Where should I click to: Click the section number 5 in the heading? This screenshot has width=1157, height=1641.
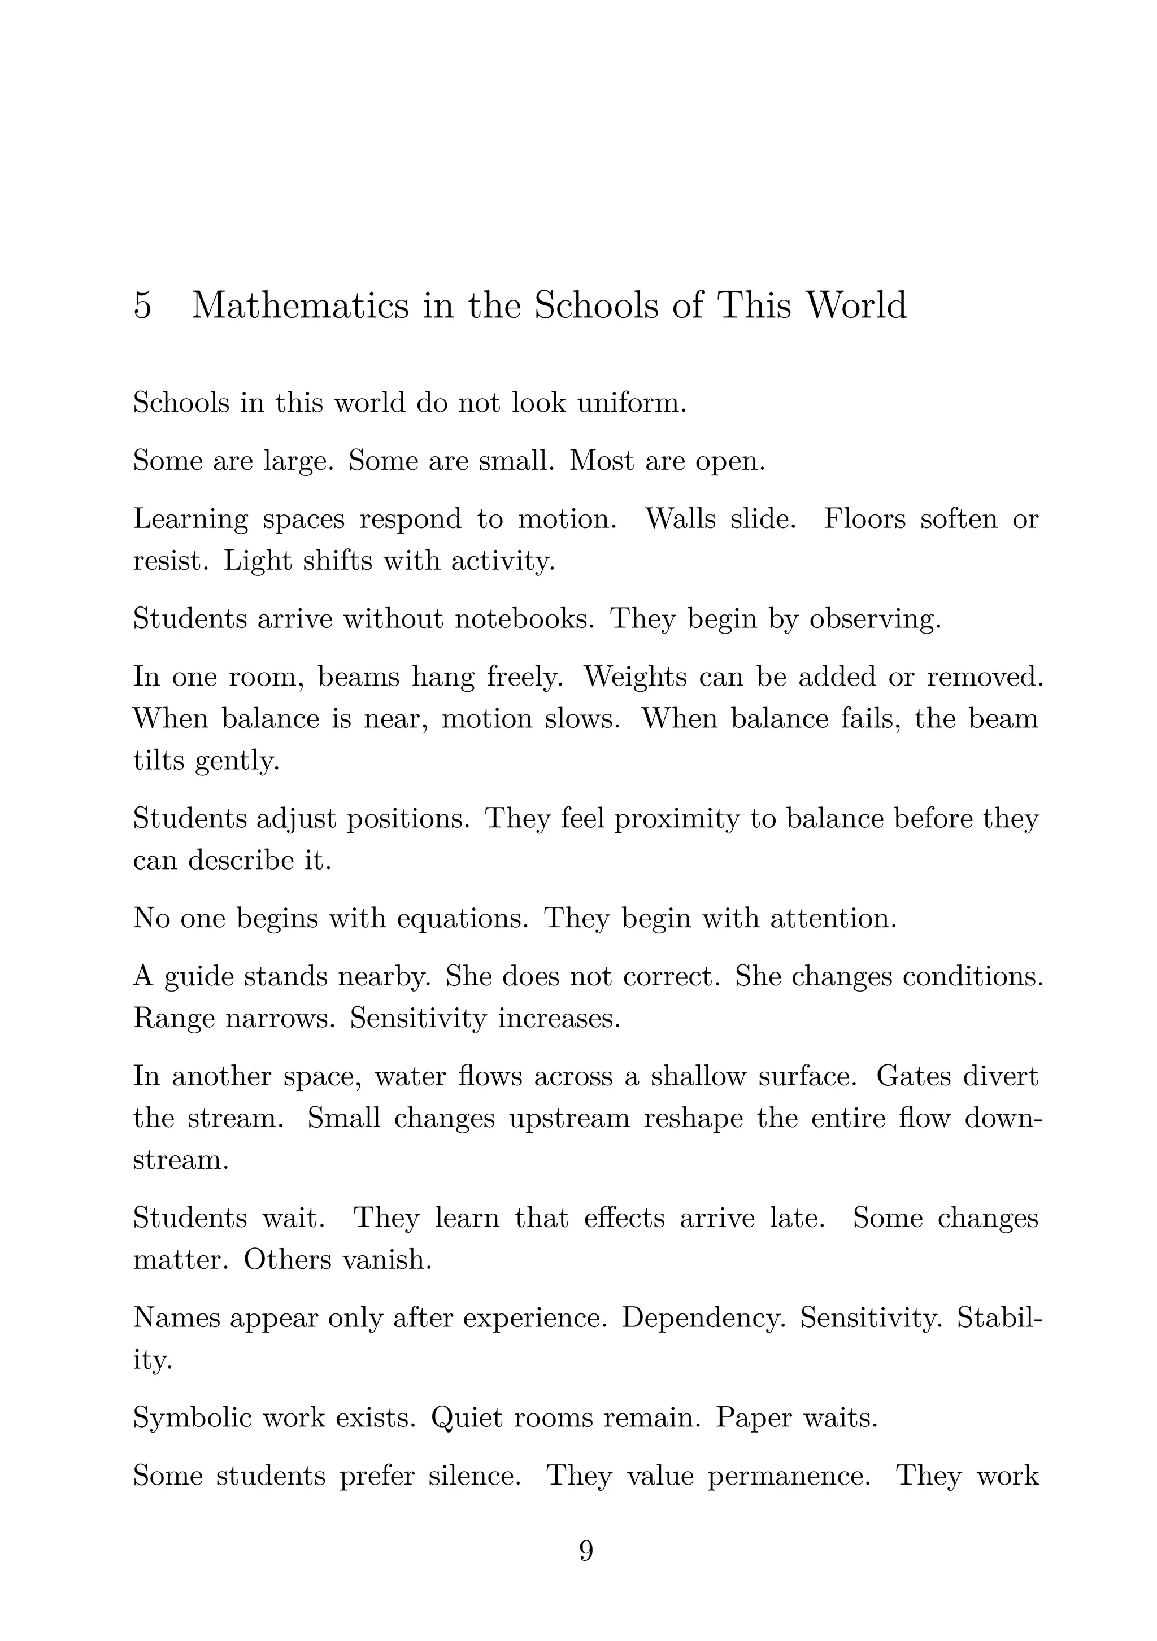(142, 306)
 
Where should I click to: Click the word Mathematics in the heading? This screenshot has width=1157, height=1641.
(301, 306)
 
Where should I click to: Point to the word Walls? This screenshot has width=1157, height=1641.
(680, 519)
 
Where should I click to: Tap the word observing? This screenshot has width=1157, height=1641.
(875, 619)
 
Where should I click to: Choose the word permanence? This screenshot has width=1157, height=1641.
(788, 1475)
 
